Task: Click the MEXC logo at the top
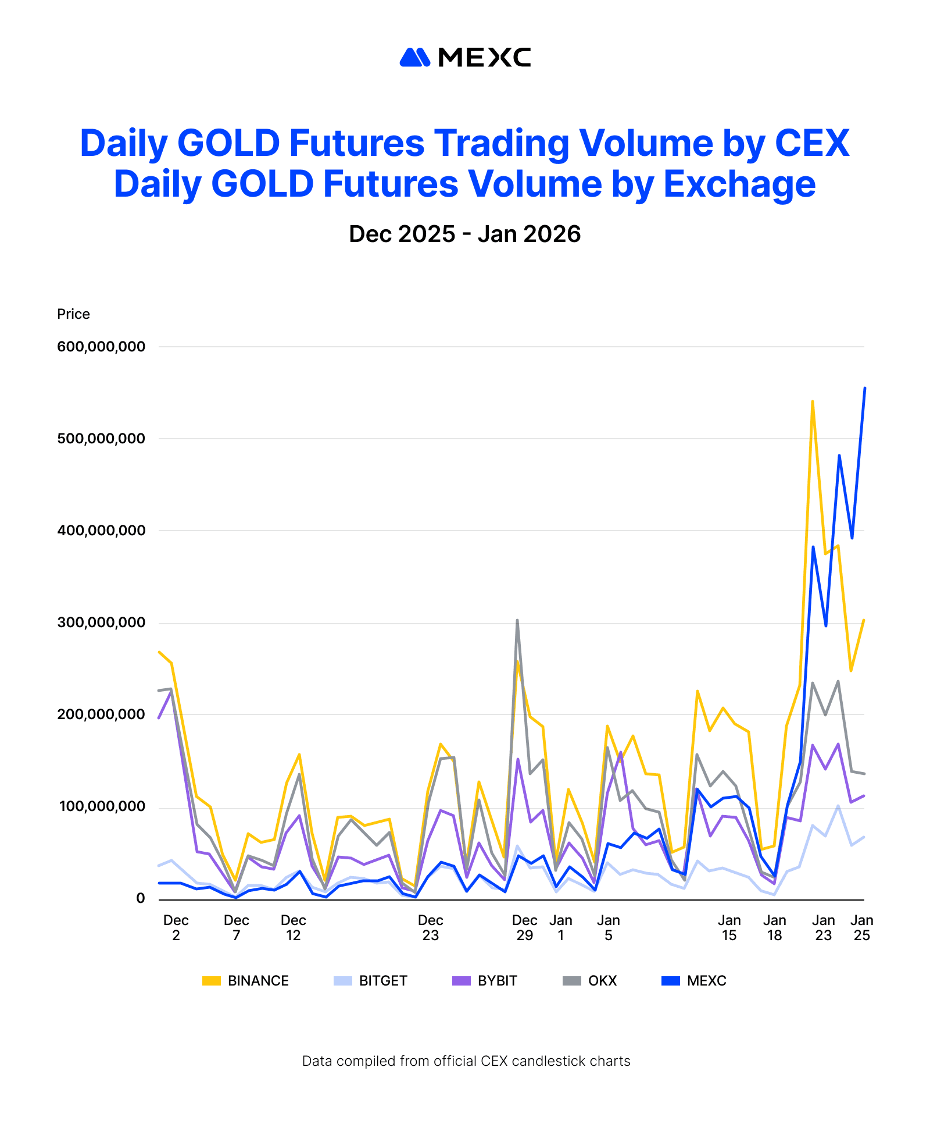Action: (465, 58)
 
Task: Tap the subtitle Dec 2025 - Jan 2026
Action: (464, 234)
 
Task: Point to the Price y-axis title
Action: (73, 314)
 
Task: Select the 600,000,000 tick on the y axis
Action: (101, 347)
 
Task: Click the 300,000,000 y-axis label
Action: (101, 623)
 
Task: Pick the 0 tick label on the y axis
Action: (140, 898)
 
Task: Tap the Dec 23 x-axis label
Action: (430, 928)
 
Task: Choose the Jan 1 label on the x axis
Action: (560, 928)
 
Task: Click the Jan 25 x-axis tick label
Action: (861, 928)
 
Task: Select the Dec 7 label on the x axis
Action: (236, 928)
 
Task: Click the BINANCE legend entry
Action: (246, 981)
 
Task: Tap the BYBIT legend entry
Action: (485, 981)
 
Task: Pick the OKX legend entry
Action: (590, 981)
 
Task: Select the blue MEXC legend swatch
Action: (671, 981)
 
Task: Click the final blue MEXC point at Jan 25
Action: (864, 388)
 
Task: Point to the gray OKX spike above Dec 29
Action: (517, 621)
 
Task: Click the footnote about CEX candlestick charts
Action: (466, 1061)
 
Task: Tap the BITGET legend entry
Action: (371, 981)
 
